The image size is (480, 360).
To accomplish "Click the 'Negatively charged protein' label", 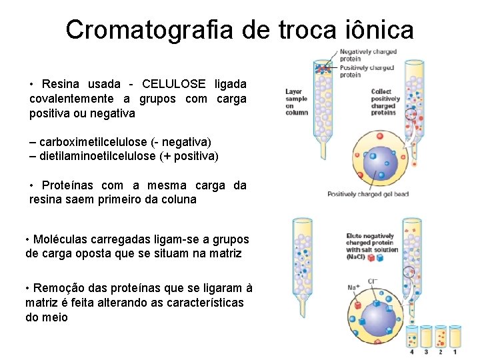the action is (367, 55).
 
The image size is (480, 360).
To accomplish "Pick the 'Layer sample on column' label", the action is (297, 102).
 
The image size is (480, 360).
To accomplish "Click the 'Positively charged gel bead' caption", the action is (367, 195).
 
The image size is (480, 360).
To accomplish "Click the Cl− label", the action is (372, 281).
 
